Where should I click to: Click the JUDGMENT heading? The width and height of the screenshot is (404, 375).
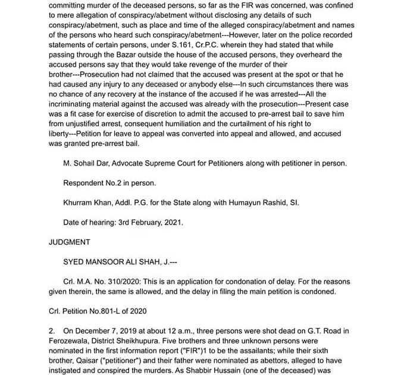69,242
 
